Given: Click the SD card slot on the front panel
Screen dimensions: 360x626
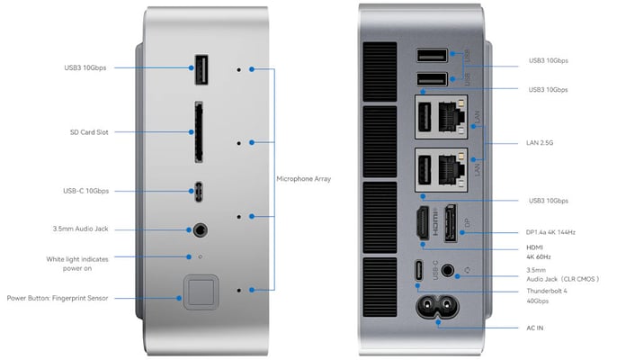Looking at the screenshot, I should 197,132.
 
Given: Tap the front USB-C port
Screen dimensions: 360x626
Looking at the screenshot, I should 198,191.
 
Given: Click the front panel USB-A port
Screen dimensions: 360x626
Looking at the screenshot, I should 198,68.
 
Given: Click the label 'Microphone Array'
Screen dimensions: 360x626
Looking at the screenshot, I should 304,179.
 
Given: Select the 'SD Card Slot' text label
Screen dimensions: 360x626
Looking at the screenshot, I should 89,132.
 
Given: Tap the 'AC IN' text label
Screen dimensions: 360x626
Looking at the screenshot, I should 534,328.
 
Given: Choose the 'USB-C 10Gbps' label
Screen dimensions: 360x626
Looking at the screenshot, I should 86,191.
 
